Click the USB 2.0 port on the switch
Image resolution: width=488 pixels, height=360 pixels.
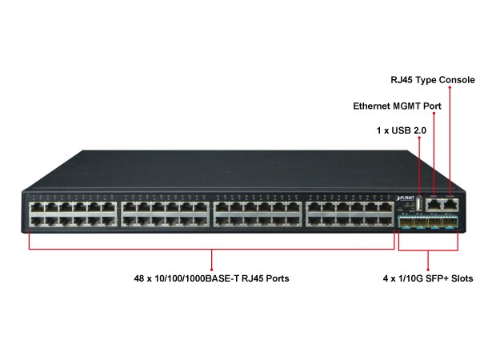tap(418, 205)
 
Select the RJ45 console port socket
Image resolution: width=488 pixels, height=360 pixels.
tap(450, 205)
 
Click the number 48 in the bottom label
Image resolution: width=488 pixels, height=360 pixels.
tap(140, 279)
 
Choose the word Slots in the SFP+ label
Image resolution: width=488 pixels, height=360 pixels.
tap(458, 279)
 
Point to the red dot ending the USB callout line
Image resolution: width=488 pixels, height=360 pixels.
tap(418, 137)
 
